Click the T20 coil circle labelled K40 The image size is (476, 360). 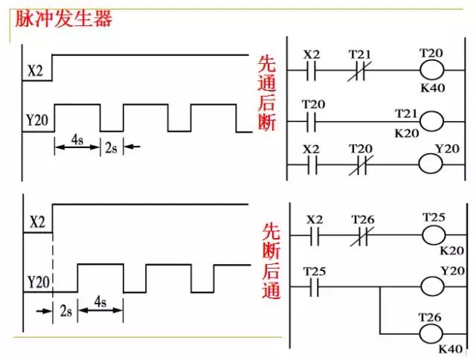[432, 71]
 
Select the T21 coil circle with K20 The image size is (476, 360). [432, 119]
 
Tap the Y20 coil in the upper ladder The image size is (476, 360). [432, 165]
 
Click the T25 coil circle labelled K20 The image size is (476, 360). [436, 236]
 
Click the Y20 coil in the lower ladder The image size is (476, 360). [436, 286]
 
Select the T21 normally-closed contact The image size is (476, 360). [361, 71]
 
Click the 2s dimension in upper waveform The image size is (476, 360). [111, 148]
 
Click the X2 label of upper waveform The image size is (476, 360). [35, 71]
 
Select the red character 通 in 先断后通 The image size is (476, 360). [271, 291]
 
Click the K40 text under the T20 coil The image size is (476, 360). [433, 89]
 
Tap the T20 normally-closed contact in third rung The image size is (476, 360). [361, 165]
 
